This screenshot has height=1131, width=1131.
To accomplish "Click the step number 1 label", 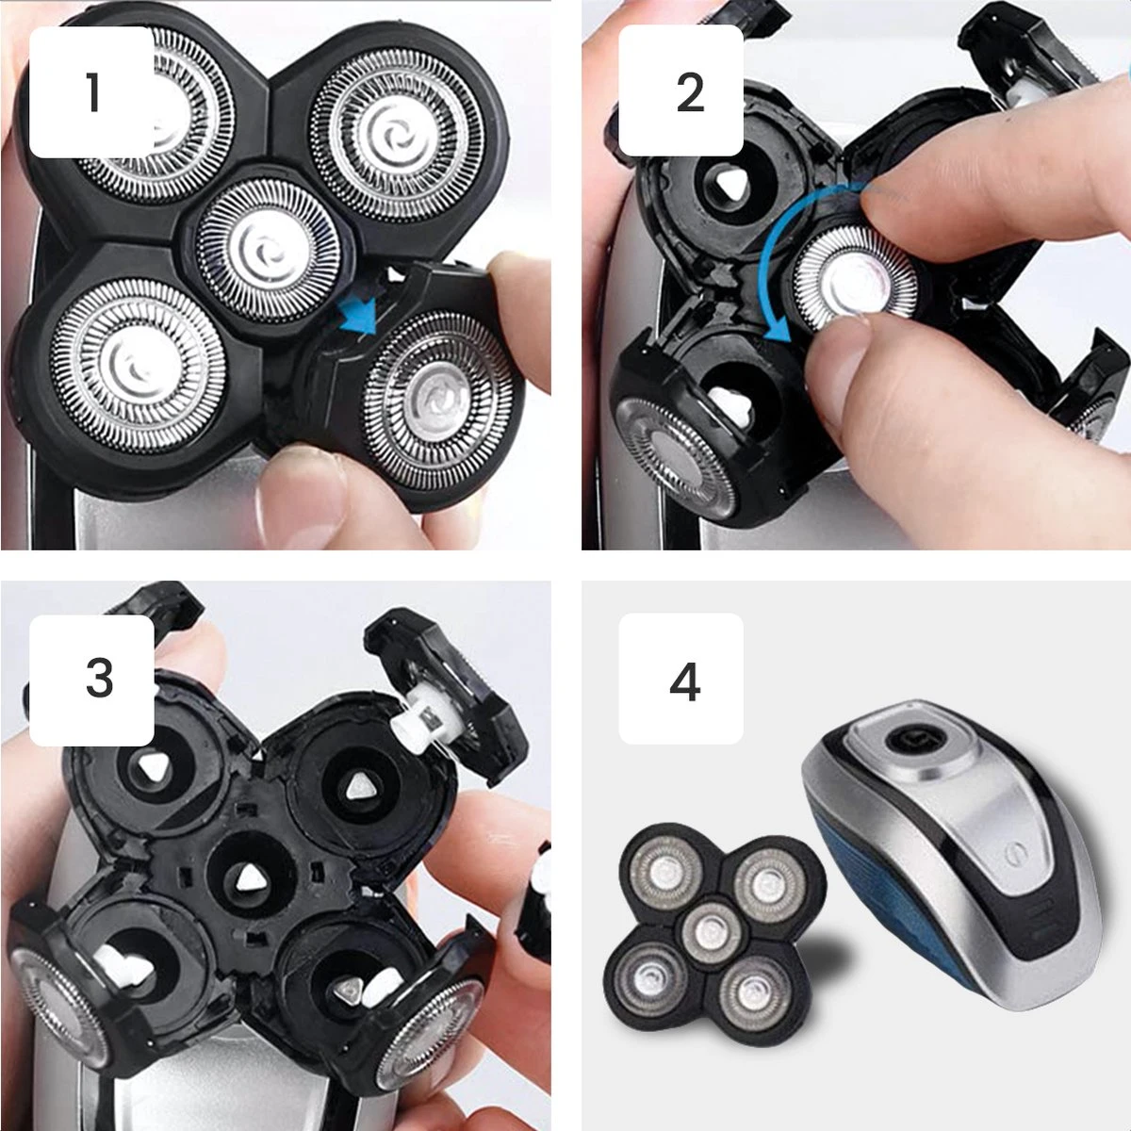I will coord(91,92).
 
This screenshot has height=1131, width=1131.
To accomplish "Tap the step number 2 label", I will coord(689,92).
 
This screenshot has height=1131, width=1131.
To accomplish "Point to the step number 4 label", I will coord(683,680).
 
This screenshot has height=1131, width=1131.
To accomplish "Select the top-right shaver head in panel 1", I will coord(397,123).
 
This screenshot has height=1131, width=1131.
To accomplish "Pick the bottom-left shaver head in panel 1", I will coord(137,363).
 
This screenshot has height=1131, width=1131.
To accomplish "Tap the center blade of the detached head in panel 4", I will coord(712,932).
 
